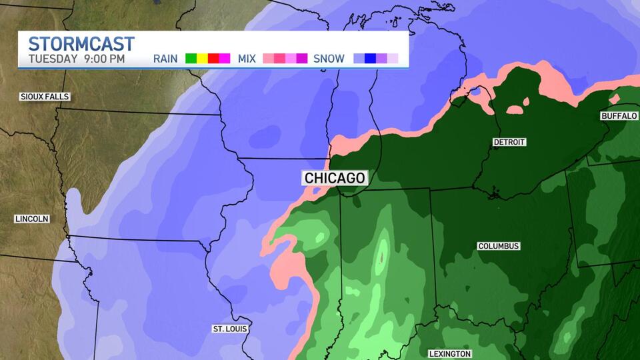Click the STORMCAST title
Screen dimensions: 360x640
[x=81, y=44]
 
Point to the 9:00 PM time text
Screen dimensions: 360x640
[x=104, y=59]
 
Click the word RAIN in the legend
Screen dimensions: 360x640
[x=165, y=59]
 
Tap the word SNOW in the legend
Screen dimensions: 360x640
[x=329, y=59]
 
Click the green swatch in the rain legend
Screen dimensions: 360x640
[x=191, y=59]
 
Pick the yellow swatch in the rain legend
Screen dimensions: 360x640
[x=202, y=59]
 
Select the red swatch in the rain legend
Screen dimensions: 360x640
[x=213, y=59]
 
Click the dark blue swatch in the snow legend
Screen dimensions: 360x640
[x=371, y=59]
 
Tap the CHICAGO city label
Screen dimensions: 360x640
[x=335, y=178]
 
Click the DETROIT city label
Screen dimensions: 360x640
[x=509, y=142]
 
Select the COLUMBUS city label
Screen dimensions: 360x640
[x=498, y=246]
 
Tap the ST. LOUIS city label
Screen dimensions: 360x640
[x=230, y=329]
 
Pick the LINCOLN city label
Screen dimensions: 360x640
[x=31, y=219]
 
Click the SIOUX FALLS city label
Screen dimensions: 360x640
[x=45, y=97]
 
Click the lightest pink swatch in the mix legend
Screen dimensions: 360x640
[x=269, y=59]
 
